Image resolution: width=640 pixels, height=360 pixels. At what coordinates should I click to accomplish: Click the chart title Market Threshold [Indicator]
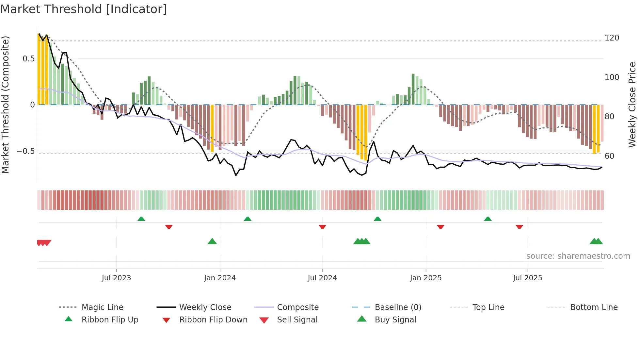click(84, 9)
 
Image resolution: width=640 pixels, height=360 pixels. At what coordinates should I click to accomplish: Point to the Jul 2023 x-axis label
click(116, 278)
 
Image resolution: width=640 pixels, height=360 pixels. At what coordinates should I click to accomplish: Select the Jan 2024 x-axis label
click(220, 278)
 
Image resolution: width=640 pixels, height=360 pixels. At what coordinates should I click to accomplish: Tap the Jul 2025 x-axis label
click(527, 278)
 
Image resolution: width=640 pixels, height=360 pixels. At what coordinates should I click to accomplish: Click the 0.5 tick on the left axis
click(28, 59)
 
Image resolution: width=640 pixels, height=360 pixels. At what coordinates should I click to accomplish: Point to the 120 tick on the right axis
click(612, 38)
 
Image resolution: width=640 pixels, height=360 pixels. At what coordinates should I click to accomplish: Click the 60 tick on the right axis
click(609, 156)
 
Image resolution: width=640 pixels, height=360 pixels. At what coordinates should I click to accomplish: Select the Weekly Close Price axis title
click(632, 105)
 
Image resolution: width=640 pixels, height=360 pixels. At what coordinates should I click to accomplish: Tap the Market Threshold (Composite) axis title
click(5, 105)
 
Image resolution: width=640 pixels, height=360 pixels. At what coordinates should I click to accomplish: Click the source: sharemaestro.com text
click(578, 256)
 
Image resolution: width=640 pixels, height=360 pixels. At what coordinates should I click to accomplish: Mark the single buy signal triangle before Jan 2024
click(212, 242)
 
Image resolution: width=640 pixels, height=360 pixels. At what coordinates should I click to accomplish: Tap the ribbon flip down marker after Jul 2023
click(169, 227)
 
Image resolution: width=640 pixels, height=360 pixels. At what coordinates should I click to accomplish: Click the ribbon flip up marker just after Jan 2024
click(248, 219)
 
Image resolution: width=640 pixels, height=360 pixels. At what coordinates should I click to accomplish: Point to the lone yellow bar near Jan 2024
click(212, 128)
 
